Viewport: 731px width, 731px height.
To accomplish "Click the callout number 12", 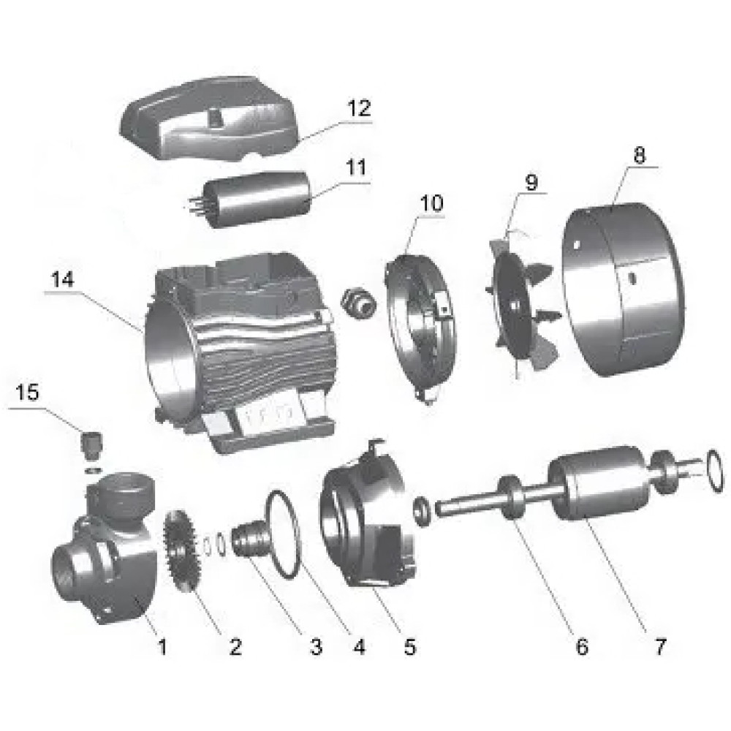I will [x=358, y=109].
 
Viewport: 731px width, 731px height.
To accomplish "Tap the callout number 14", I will [x=62, y=280].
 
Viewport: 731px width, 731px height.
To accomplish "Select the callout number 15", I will [x=29, y=393].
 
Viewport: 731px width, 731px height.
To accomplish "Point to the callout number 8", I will [x=640, y=156].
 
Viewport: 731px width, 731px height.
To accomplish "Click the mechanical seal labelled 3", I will [x=249, y=545].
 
